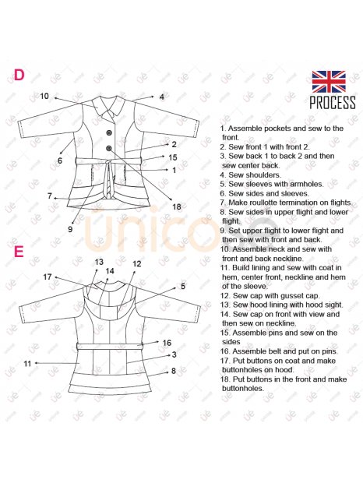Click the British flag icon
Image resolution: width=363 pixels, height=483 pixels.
[x=329, y=82]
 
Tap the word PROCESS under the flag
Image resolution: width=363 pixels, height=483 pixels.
[x=333, y=102]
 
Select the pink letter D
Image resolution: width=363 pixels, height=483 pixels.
[x=19, y=75]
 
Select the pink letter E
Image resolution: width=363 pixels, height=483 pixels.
[x=19, y=252]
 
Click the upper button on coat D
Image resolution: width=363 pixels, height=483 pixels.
[x=109, y=132]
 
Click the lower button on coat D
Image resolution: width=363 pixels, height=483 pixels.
[x=109, y=149]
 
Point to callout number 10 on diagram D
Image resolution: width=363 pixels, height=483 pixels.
[x=44, y=96]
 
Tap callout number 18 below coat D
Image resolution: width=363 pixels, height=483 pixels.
[x=177, y=206]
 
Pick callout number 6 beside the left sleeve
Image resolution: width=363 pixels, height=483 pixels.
[x=60, y=160]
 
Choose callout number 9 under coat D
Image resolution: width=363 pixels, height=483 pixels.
[x=70, y=229]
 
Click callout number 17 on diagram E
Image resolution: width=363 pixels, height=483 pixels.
[x=47, y=277]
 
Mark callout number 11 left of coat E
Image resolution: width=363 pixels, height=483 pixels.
[x=27, y=364]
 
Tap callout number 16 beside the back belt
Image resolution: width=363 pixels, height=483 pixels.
[x=167, y=343]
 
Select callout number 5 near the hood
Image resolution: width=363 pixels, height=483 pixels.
[x=183, y=286]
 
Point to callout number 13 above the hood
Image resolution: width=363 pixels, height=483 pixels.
[x=99, y=262]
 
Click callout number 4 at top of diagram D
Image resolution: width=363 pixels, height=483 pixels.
[x=162, y=97]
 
